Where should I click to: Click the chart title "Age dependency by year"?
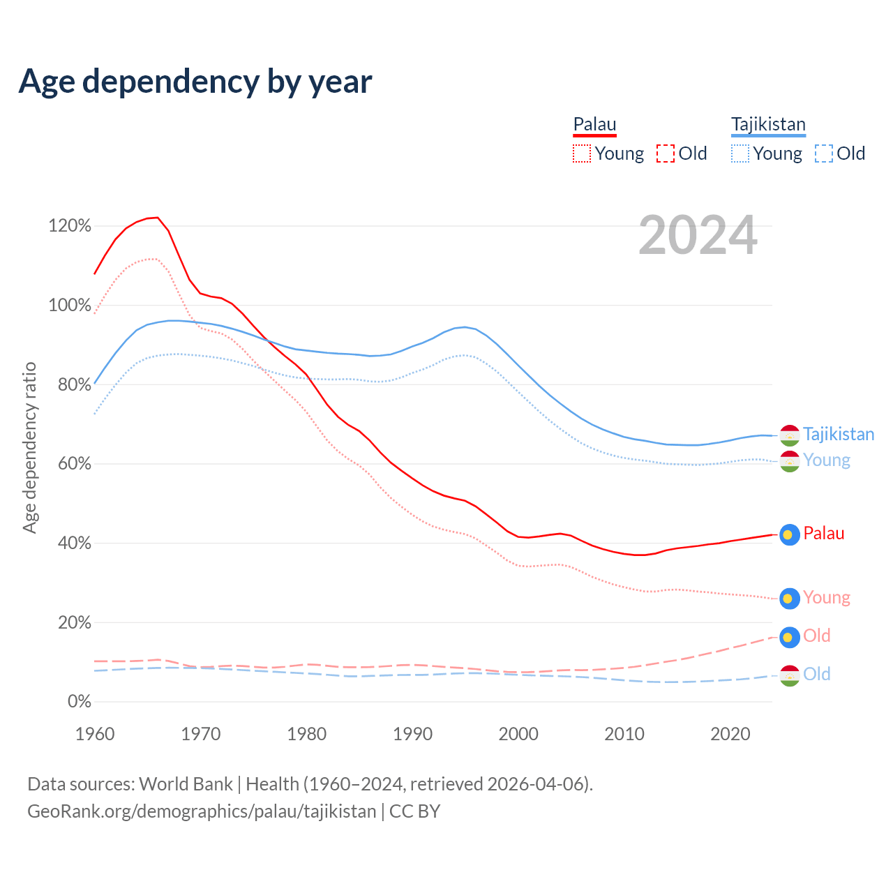coord(195,82)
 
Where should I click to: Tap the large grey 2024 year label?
coord(698,236)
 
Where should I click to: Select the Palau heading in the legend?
coord(594,125)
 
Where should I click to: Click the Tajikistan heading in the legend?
coord(768,125)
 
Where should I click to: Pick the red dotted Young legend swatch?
coord(581,153)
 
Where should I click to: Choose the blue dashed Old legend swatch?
coord(823,153)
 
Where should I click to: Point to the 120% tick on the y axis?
coord(70,225)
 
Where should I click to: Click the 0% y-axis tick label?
coord(79,701)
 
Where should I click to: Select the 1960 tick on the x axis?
coord(95,734)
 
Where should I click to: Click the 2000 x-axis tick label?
coord(518,734)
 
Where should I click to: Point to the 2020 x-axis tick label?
coord(730,734)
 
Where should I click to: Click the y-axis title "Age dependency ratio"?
coord(29,447)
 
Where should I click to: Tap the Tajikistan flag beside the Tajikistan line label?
coord(790,435)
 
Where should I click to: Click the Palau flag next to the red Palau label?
coord(790,534)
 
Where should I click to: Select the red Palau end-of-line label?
coord(823,534)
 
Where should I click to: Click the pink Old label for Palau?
coord(816,636)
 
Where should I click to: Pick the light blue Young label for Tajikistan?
coord(826,460)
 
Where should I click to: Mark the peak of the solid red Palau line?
coord(157,218)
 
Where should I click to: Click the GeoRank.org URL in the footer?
coord(202,811)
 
